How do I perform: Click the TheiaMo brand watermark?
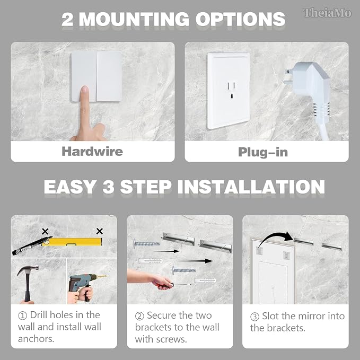pyautogui.click(x=327, y=13)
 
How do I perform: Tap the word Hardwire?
pyautogui.click(x=92, y=152)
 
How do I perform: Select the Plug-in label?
pyautogui.click(x=263, y=152)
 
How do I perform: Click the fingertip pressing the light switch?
pyautogui.click(x=84, y=90)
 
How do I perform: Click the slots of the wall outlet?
pyautogui.click(x=231, y=90)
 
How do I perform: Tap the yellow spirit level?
pyautogui.click(x=72, y=242)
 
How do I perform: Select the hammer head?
pyautogui.click(x=28, y=269)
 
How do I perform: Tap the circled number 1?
pyautogui.click(x=22, y=315)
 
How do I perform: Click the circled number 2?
pyautogui.click(x=139, y=316)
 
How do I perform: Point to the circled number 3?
pyautogui.click(x=254, y=317)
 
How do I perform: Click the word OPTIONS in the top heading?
pyautogui.click(x=240, y=19)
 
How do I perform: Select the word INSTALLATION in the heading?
pyautogui.click(x=251, y=187)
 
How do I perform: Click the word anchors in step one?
pyautogui.click(x=36, y=339)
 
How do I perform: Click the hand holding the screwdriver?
pyautogui.click(x=162, y=282)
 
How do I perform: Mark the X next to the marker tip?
pyautogui.click(x=45, y=231)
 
